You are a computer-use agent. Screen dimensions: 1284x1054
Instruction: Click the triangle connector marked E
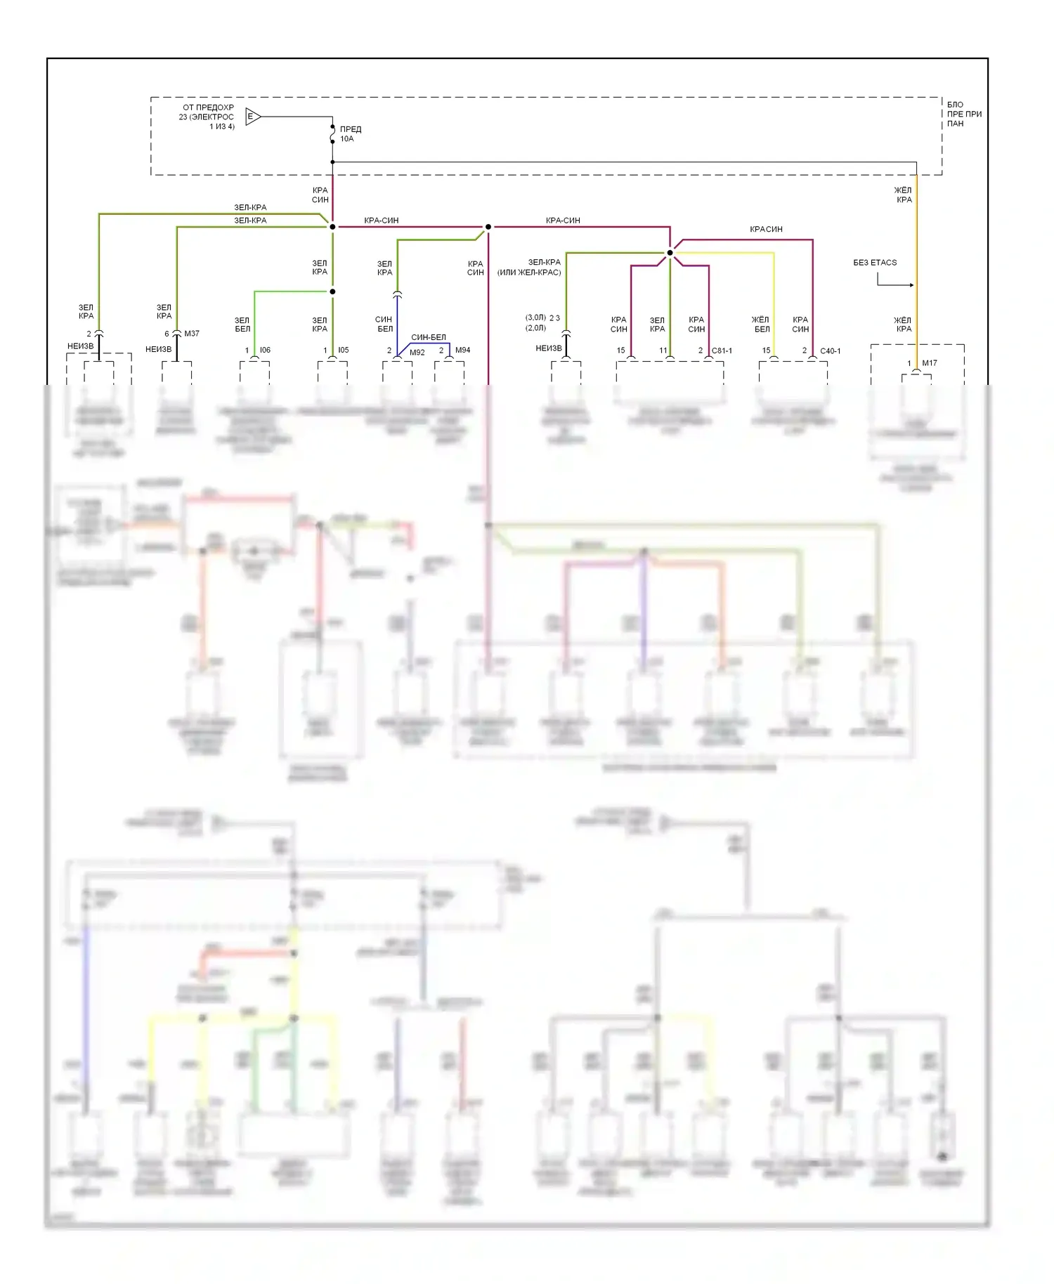[x=252, y=117]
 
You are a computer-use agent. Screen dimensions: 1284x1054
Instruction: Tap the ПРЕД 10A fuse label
[x=350, y=134]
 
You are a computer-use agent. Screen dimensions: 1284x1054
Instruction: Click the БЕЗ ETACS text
[x=875, y=263]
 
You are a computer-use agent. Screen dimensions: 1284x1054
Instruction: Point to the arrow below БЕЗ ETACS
[x=896, y=284]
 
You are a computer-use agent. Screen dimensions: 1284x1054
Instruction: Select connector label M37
[x=192, y=334]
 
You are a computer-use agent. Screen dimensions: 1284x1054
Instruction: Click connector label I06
[x=265, y=350]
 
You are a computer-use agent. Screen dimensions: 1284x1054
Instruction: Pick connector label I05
[x=343, y=350]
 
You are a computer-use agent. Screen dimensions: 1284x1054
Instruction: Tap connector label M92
[x=417, y=353]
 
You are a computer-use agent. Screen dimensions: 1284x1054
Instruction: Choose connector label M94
[x=462, y=350]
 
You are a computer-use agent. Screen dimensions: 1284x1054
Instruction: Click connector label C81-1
[x=722, y=351]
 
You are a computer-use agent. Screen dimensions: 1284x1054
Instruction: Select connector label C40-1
[x=830, y=351]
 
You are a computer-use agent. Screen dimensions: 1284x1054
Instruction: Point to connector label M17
[x=930, y=363]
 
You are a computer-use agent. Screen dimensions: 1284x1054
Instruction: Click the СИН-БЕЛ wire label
[x=429, y=337]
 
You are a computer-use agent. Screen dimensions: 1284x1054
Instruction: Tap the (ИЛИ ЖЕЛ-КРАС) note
[x=529, y=273]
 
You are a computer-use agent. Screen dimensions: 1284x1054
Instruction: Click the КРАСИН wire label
[x=766, y=229]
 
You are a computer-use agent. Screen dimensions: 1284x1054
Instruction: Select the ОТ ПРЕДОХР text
[x=208, y=107]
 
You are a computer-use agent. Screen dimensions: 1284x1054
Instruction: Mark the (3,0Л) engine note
[x=535, y=317]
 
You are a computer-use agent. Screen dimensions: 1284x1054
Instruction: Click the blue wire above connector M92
[x=397, y=323]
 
